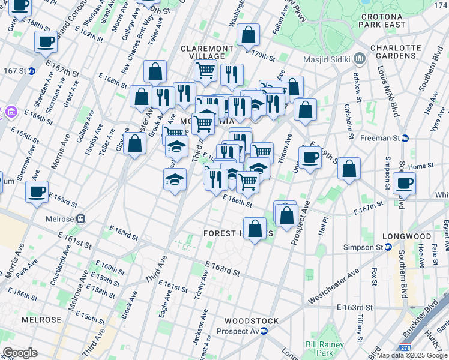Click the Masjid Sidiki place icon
click(360, 58)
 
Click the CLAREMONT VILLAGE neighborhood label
click(206, 52)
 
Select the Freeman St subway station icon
click(405, 138)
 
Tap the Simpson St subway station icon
click(388, 247)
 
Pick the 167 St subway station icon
click(32, 71)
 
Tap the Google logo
click(20, 352)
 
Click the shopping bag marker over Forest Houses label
click(255, 229)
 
